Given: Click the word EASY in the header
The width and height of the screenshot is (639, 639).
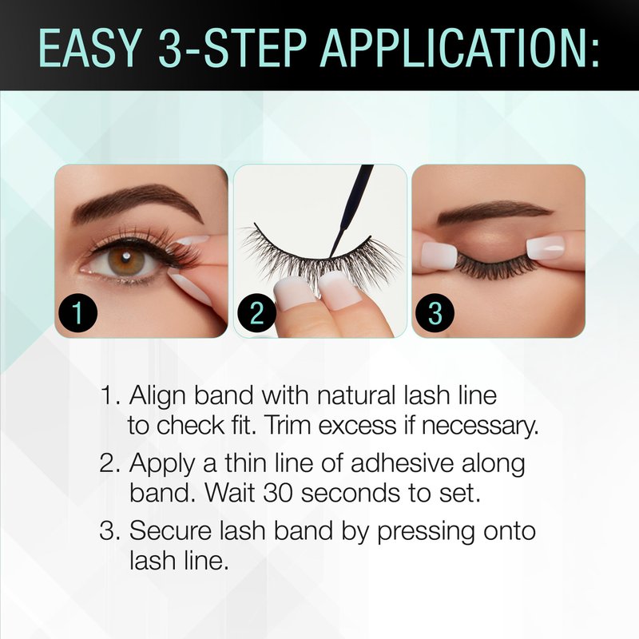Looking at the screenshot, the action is (x=89, y=48).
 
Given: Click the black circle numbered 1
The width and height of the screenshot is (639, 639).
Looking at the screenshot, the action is (x=77, y=313).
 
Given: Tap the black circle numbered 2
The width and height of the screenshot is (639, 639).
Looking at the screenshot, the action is (x=256, y=313).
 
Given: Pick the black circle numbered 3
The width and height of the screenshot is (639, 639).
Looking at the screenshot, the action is (x=435, y=313).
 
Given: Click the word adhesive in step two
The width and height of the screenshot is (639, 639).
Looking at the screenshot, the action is (x=403, y=463).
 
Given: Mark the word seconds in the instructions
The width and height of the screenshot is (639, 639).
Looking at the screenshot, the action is (x=350, y=493).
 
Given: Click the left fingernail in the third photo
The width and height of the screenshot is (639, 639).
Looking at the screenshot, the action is (x=439, y=255).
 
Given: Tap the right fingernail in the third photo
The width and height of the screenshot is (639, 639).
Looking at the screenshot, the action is (x=546, y=248).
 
